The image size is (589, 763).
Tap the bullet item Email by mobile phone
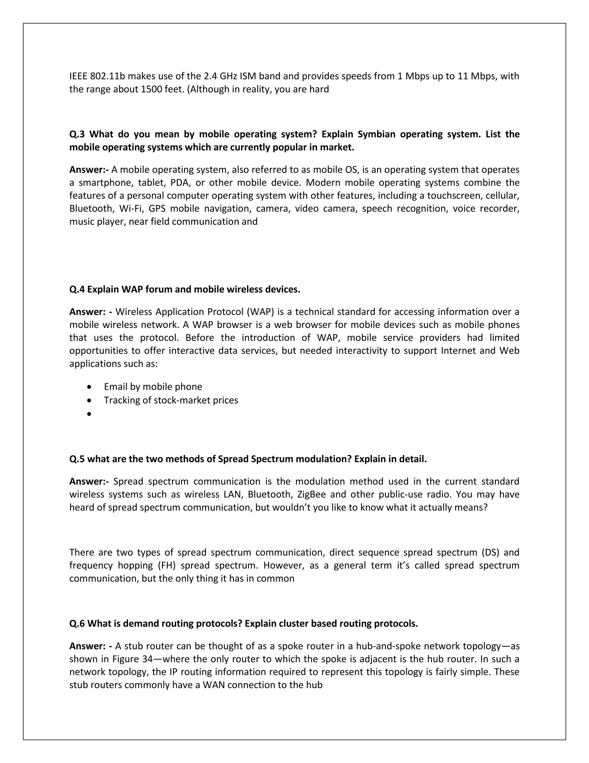153,387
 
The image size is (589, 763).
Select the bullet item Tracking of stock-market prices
171,401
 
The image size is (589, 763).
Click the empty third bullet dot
90,414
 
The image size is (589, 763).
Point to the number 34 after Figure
148,659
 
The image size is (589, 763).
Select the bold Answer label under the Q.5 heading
89,482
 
